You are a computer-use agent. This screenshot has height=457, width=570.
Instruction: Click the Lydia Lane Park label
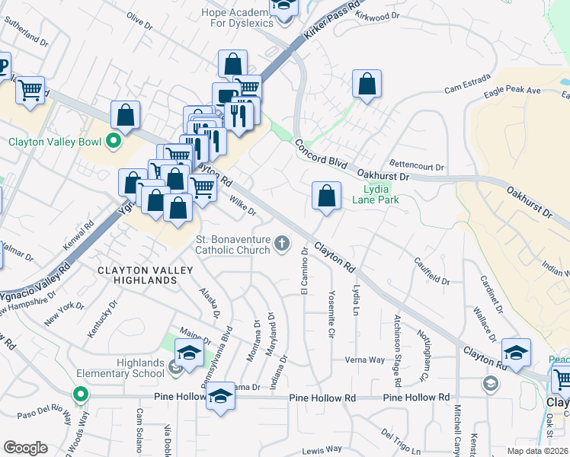(x=376, y=194)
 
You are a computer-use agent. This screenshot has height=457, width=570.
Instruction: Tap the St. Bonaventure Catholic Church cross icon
(x=282, y=244)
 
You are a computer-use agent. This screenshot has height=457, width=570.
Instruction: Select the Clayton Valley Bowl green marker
(x=114, y=141)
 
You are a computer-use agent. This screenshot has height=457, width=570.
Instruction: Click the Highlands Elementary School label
(x=120, y=368)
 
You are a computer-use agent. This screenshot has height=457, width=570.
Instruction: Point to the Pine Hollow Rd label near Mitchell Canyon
(x=416, y=398)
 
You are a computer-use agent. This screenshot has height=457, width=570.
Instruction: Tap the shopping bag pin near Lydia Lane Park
(x=326, y=196)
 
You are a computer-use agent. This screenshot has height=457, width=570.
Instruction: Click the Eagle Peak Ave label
(x=513, y=92)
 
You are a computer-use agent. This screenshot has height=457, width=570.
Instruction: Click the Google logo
(x=25, y=448)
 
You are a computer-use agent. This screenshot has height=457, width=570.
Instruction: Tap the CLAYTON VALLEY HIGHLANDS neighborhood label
(x=137, y=275)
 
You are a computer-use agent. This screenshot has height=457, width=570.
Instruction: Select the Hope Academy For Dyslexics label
(x=237, y=17)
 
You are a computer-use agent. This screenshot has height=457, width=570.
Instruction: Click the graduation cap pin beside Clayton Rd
(x=516, y=353)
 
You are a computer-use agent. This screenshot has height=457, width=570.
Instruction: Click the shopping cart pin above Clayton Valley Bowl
(x=30, y=91)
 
